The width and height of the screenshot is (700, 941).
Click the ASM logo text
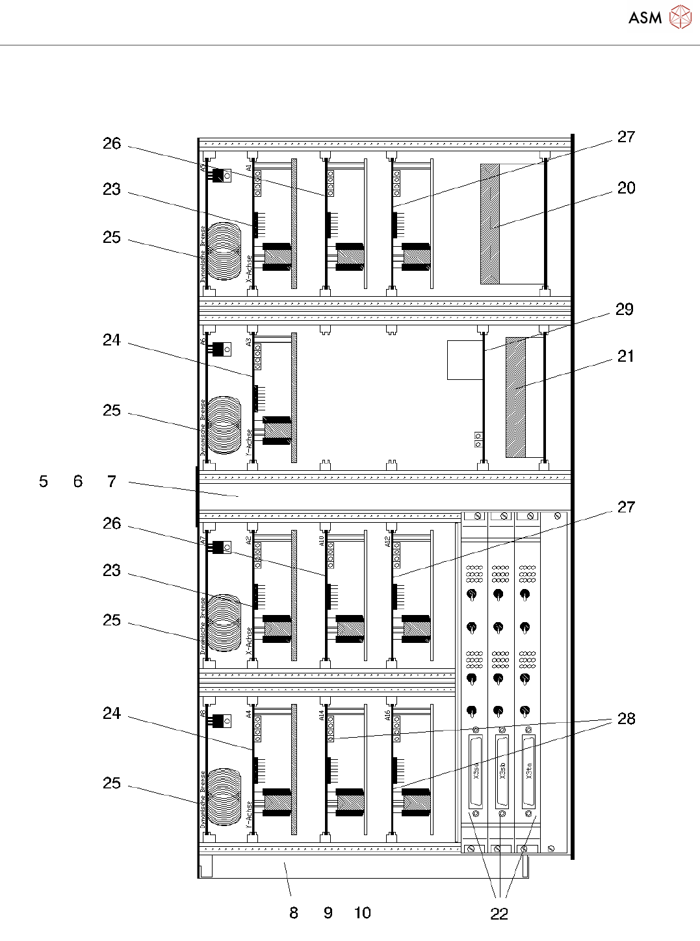click(x=645, y=18)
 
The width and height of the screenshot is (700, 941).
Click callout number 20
click(x=626, y=188)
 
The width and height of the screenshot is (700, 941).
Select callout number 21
click(x=625, y=357)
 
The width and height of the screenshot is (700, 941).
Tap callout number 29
click(x=625, y=310)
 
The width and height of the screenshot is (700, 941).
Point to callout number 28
click(x=626, y=719)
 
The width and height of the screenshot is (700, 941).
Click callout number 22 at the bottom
click(x=499, y=914)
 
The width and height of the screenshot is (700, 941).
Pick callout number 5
click(x=44, y=482)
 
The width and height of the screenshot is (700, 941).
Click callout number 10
click(x=363, y=913)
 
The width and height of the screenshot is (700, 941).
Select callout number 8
click(x=294, y=913)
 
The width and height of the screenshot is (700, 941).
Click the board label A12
click(x=388, y=540)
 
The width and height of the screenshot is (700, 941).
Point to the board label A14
click(x=322, y=715)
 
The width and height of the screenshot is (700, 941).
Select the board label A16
click(x=388, y=715)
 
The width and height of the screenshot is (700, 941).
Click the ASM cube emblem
click(x=681, y=18)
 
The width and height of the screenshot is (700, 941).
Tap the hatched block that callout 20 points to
click(x=490, y=224)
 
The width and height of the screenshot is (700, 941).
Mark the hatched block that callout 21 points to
click(x=515, y=397)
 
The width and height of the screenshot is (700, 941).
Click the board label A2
click(x=249, y=540)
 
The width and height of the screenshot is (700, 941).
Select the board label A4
click(x=249, y=714)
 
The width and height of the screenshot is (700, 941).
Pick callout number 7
click(x=112, y=482)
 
